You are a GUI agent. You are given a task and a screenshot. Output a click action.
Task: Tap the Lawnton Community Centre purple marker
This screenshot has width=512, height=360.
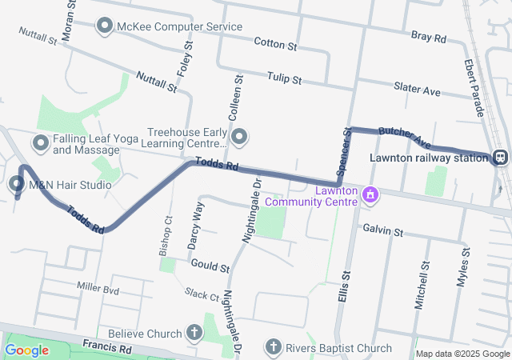370,194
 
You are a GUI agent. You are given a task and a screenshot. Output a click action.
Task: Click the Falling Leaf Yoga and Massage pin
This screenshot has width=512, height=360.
41,143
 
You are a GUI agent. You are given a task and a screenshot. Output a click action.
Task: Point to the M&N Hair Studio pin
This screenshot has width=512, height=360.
18,185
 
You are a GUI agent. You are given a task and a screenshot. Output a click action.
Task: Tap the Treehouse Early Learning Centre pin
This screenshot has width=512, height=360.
238,138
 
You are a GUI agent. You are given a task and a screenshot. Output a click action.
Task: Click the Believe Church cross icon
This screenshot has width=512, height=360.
194,332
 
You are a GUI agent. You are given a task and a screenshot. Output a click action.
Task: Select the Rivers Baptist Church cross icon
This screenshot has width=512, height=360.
273,348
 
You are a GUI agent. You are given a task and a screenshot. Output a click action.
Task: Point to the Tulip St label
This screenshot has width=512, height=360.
286,80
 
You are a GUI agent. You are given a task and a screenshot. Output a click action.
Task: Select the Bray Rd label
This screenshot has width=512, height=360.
428,37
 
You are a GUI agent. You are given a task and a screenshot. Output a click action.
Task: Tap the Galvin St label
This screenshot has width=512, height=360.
382,230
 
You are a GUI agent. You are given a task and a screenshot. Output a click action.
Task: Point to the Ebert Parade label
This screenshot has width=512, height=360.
474,87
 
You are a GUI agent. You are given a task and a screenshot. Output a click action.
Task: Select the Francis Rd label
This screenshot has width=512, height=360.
106,348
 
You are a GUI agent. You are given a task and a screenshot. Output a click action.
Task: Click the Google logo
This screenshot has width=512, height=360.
26,350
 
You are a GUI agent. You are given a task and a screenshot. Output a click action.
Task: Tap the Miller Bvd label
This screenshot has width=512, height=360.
98,286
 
